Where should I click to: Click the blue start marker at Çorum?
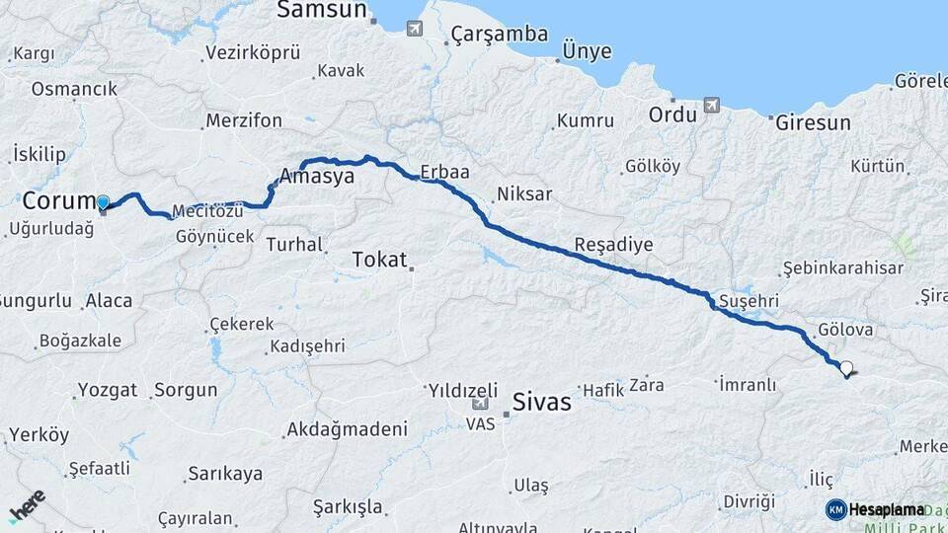(x=103, y=203)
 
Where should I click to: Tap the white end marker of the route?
(x=846, y=369)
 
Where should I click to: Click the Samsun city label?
(x=322, y=11)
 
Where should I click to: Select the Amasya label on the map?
(x=316, y=176)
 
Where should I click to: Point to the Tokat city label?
(x=379, y=260)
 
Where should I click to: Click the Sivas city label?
(x=542, y=402)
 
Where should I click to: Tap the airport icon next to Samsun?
(x=415, y=28)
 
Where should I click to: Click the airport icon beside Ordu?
(x=711, y=105)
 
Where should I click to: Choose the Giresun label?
(x=813, y=123)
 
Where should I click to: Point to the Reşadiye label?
(x=613, y=245)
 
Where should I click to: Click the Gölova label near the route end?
(x=845, y=330)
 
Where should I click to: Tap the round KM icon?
(x=835, y=509)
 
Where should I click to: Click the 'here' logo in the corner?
(x=27, y=505)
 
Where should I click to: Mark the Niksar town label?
(x=524, y=193)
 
